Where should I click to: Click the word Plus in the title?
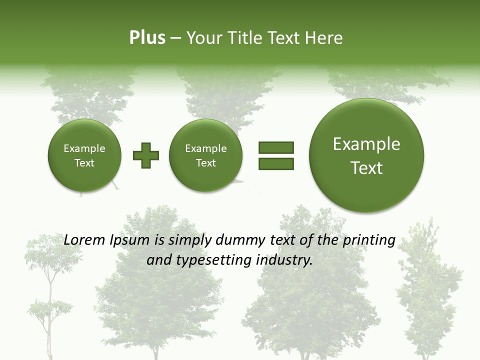[x=147, y=38]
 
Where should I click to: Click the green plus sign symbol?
[x=146, y=155]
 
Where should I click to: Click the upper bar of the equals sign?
[x=276, y=147]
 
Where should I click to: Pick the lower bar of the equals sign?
[x=276, y=163]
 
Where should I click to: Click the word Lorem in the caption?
[x=85, y=240]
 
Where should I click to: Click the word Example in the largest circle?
[x=366, y=144]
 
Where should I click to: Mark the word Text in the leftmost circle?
[x=84, y=163]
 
